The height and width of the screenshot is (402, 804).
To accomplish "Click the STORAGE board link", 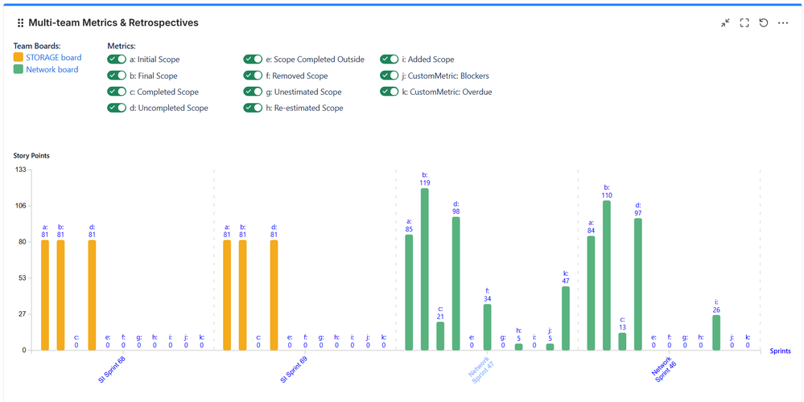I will click(53, 58).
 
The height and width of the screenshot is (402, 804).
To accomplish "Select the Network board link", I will click(52, 70).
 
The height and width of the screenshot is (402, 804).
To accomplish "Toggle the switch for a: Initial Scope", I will click(117, 59).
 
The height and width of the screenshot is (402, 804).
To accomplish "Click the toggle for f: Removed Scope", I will click(254, 76).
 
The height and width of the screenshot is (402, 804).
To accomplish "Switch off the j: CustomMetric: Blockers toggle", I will click(390, 76).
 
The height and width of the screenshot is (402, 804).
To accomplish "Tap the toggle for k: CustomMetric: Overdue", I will click(390, 92).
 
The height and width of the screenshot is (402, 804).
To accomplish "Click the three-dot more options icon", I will click(783, 23).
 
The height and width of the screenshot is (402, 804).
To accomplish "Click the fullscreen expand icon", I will click(744, 23).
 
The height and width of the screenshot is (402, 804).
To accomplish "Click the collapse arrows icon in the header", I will click(725, 23).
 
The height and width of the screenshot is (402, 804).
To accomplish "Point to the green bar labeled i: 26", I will click(716, 333).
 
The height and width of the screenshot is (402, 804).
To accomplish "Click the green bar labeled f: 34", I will click(488, 327).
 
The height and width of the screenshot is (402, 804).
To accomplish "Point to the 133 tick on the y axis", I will click(21, 170).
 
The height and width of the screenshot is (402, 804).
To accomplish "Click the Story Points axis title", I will click(32, 155).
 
